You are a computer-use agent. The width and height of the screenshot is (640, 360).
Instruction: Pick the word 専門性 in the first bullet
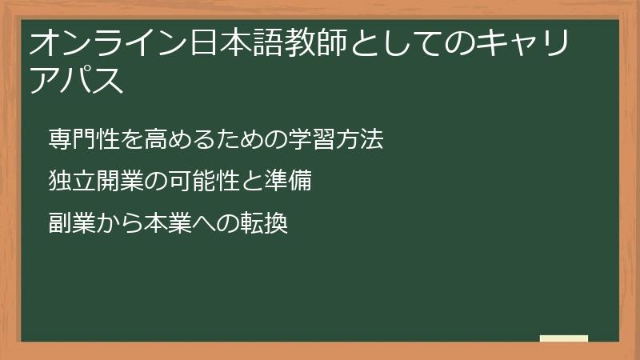[83, 139]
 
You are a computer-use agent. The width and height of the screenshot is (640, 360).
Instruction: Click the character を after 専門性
[131, 139]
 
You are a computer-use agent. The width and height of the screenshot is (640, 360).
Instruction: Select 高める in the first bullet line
[179, 139]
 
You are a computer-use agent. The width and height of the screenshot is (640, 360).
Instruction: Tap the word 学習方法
[336, 139]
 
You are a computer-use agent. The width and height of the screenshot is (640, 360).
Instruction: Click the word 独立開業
[95, 182]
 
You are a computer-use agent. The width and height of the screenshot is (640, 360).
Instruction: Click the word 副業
[71, 223]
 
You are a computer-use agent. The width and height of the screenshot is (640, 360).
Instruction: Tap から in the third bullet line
[119, 223]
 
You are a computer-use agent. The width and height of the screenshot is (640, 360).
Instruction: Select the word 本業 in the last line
[167, 223]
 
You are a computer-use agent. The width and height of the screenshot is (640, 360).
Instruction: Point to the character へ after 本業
[203, 223]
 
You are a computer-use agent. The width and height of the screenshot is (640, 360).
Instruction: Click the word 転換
[263, 223]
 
